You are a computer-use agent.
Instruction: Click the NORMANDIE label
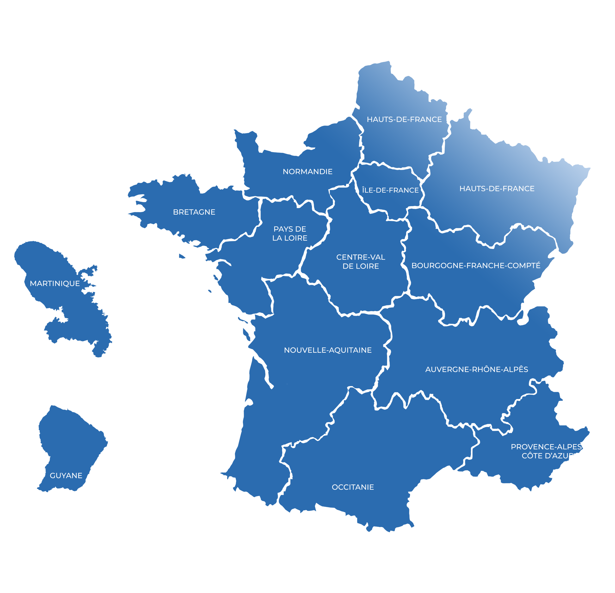[307, 171]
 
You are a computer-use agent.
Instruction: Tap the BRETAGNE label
[194, 212]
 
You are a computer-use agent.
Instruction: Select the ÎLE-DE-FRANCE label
[390, 190]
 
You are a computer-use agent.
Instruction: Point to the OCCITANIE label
[353, 487]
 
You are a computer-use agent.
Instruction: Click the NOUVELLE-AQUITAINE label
[328, 350]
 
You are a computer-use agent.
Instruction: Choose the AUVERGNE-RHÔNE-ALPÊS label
[477, 369]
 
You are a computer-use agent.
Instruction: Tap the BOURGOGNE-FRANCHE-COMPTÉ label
[476, 265]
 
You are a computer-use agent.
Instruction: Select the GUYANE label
[66, 476]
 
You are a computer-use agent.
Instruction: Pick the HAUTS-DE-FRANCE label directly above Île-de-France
[404, 119]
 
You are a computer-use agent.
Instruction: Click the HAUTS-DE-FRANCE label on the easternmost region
[497, 189]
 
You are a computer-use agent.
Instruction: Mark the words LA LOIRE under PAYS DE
[290, 238]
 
